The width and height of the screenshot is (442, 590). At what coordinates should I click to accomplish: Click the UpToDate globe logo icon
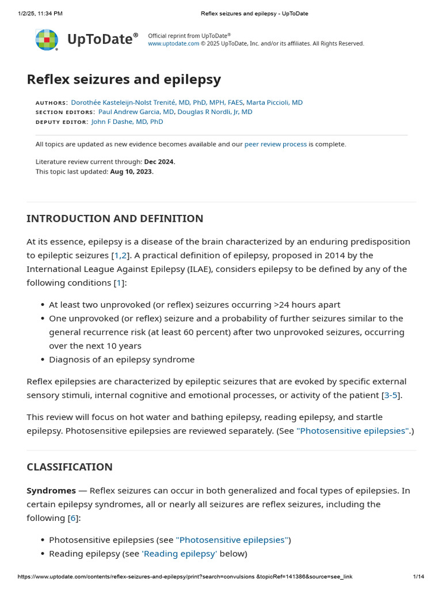[x=47, y=40]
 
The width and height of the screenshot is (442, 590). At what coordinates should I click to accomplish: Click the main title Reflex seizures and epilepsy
[x=124, y=79]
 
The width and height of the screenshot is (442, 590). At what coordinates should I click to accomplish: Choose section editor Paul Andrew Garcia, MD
[x=136, y=112]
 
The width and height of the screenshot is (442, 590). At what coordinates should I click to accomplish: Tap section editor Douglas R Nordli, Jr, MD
[x=215, y=112]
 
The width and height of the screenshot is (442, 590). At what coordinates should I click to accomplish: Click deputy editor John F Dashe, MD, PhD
[x=127, y=122]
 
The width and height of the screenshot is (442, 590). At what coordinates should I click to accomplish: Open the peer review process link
[x=275, y=144]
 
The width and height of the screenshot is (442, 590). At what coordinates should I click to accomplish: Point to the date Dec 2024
[x=159, y=162]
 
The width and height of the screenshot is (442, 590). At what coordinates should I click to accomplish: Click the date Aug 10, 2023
[x=132, y=172]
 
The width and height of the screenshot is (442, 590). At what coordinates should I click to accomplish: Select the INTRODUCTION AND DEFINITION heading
[x=115, y=219]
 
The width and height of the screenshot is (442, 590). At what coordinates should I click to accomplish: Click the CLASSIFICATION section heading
[x=70, y=467]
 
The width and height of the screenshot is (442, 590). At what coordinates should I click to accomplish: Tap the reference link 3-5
[x=391, y=395]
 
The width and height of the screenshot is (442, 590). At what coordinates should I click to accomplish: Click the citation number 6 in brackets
[x=73, y=518]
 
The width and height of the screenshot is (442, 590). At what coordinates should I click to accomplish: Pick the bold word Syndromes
[x=51, y=490]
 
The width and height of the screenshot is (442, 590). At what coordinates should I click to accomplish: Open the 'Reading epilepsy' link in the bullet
[x=179, y=554]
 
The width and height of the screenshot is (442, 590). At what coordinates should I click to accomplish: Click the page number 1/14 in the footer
[x=418, y=577]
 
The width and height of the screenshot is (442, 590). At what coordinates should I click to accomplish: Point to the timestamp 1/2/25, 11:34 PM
[x=40, y=13]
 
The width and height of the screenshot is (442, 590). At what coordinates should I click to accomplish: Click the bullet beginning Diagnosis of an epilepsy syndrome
[x=121, y=360]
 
